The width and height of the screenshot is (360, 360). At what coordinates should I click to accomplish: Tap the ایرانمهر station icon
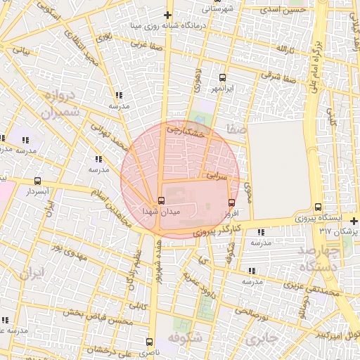coord(223,78)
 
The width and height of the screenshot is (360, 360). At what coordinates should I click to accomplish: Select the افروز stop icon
coord(231,202)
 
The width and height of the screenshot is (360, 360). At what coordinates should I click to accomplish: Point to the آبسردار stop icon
coord(37,181)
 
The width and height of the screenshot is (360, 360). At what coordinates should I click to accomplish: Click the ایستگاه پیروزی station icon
coord(319,207)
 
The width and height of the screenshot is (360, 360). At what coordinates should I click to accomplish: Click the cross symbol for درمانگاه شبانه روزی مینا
coord(167,15)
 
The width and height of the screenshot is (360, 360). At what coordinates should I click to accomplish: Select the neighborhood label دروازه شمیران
coord(49,104)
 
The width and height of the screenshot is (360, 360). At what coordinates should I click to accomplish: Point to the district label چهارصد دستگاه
coord(319,259)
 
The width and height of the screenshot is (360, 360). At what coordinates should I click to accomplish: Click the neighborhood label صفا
coord(236,131)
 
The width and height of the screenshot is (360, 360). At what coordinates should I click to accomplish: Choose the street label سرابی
coord(217,174)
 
